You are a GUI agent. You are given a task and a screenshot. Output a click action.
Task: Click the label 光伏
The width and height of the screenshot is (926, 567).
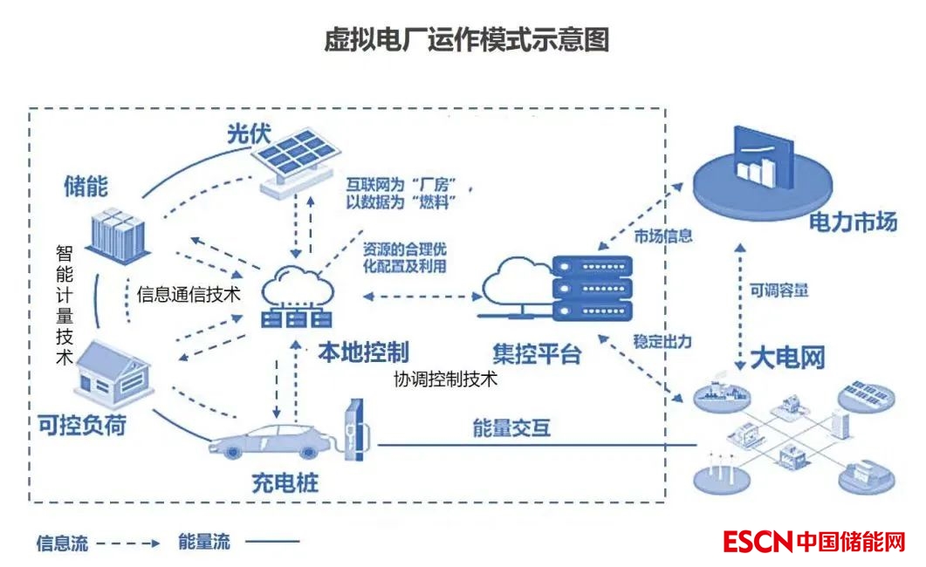[x=249, y=134]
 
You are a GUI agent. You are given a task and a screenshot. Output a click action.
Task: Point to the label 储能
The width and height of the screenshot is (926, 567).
[x=86, y=186]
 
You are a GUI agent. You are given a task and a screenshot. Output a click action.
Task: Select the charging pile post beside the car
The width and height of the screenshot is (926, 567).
[x=353, y=430]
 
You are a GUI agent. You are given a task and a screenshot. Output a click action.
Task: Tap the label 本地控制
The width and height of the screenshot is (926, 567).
[x=363, y=352]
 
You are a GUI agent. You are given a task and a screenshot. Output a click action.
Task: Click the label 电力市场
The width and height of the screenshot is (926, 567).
[x=853, y=223]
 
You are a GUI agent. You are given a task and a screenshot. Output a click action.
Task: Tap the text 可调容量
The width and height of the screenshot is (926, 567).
[x=779, y=290]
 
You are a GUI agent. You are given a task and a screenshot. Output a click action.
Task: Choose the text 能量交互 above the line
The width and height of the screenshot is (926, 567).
[x=511, y=427]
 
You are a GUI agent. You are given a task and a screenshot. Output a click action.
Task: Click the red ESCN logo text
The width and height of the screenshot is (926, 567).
[x=758, y=542]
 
